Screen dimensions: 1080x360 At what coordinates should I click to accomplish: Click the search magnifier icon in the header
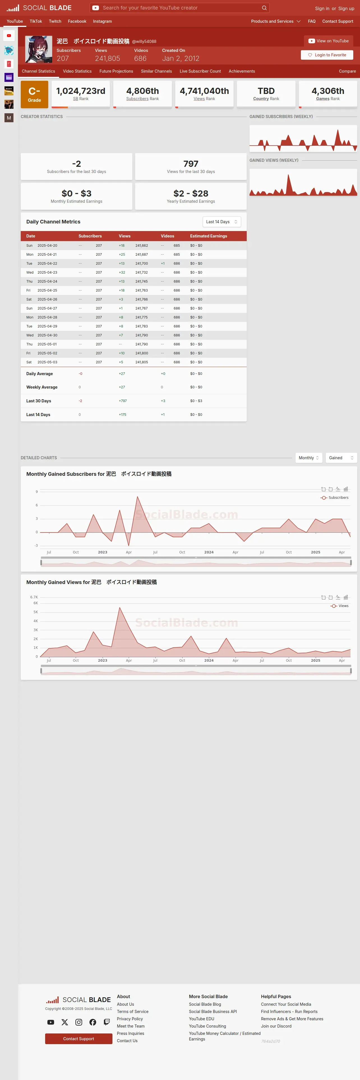click(x=264, y=8)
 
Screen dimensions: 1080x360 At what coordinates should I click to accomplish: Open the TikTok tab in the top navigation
click(x=36, y=21)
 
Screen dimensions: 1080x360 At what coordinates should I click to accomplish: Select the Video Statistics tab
click(x=77, y=71)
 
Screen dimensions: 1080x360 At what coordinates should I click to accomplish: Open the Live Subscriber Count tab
click(x=200, y=71)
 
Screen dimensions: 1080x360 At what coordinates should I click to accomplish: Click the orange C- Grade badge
click(x=34, y=94)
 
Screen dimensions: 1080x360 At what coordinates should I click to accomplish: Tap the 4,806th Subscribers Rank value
click(x=142, y=91)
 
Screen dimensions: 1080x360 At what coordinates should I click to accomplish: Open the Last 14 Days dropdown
click(x=221, y=222)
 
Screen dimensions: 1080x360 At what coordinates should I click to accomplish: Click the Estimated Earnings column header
click(x=208, y=236)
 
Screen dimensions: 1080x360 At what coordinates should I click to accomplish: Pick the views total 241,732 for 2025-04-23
click(x=141, y=273)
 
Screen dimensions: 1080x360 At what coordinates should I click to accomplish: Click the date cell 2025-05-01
click(x=47, y=344)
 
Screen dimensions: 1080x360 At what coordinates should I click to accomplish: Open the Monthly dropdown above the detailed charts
click(x=308, y=458)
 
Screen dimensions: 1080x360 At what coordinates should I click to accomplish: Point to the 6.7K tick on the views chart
click(x=34, y=597)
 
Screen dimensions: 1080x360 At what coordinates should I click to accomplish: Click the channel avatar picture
click(x=39, y=49)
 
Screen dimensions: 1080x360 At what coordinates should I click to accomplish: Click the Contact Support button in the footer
click(x=79, y=1039)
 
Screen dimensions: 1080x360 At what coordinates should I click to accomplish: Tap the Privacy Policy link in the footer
click(x=130, y=1019)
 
